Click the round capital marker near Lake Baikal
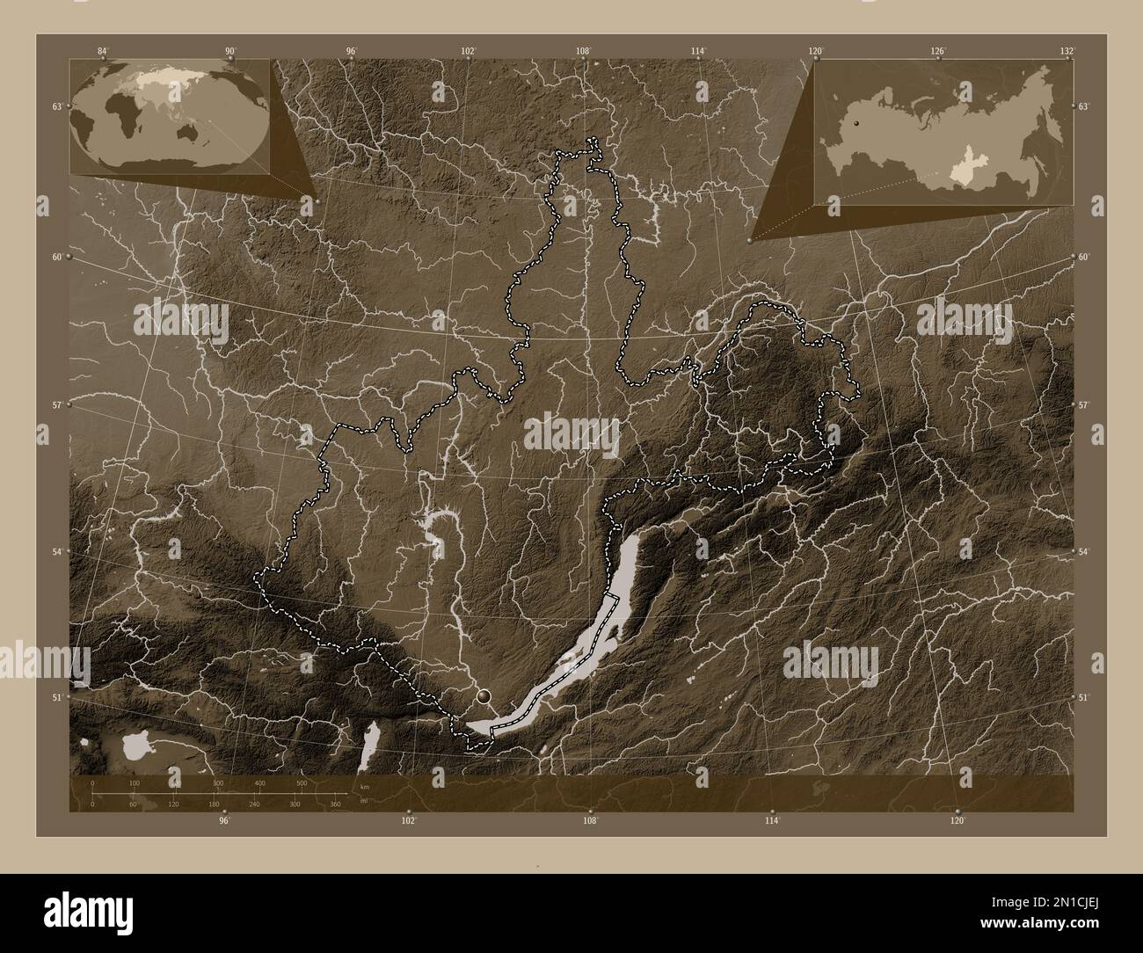[484, 697]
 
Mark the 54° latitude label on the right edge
[1084, 551]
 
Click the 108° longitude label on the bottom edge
[590, 821]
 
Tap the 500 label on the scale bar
[302, 782]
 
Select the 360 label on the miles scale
[335, 804]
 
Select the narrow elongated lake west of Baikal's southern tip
[370, 746]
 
